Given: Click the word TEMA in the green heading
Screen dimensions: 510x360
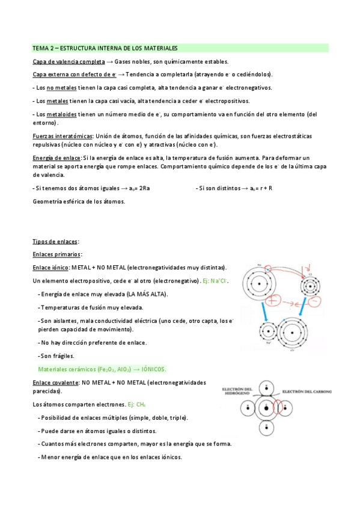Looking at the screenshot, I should pyautogui.click(x=40, y=48).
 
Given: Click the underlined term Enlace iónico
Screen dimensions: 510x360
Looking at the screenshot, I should pyautogui.click(x=50, y=267).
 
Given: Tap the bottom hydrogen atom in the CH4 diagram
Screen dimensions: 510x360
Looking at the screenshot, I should pyautogui.click(x=266, y=428).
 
